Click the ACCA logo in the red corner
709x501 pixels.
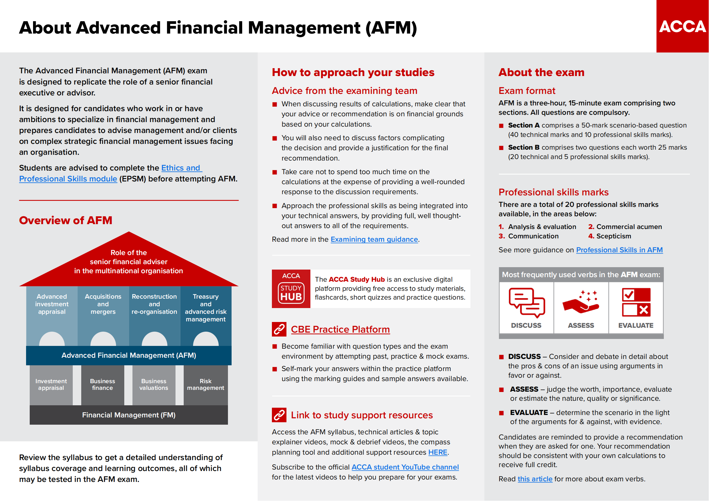click(x=682, y=26)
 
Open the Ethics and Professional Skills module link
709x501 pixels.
click(x=111, y=173)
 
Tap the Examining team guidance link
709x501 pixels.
click(x=374, y=239)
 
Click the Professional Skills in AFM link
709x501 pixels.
click(x=620, y=250)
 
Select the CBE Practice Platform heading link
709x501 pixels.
click(x=340, y=330)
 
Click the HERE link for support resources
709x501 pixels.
click(x=438, y=452)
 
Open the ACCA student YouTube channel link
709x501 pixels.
click(x=405, y=467)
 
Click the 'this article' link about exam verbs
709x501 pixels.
click(x=535, y=479)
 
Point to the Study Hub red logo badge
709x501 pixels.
click(x=291, y=289)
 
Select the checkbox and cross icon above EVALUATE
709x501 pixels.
click(x=636, y=302)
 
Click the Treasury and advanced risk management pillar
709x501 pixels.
click(x=206, y=316)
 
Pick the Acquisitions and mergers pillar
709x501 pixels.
click(x=103, y=316)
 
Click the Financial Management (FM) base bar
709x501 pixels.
click(x=129, y=415)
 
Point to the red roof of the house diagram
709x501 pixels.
click(x=129, y=262)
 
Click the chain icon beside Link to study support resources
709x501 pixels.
click(x=279, y=415)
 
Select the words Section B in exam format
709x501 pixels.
click(x=524, y=148)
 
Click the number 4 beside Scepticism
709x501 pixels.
click(x=591, y=236)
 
